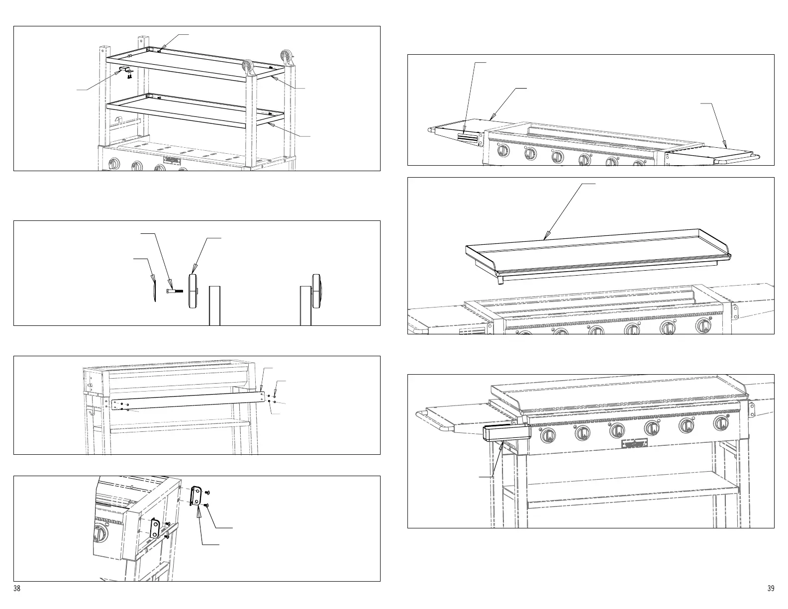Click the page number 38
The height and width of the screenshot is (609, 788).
tap(17, 589)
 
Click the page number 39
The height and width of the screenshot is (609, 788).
tap(771, 589)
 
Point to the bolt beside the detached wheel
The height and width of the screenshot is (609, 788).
tap(175, 291)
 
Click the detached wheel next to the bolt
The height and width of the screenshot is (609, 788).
tap(193, 291)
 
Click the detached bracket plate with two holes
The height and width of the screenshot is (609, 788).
tap(196, 497)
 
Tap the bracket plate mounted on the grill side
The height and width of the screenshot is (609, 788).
tap(156, 528)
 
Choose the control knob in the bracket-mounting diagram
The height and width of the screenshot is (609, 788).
tap(100, 535)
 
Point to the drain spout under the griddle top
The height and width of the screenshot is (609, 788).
tap(499, 282)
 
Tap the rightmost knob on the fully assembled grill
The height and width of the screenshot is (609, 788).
tap(721, 423)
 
